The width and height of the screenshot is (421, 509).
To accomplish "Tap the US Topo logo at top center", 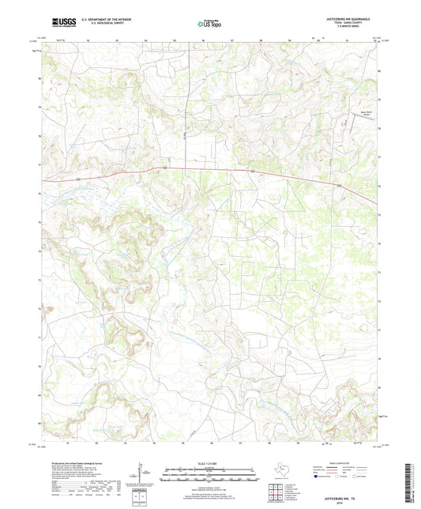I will (209, 25).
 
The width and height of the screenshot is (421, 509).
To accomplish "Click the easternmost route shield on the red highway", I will (340, 186).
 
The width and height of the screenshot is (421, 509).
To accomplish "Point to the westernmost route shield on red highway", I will (79, 180).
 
